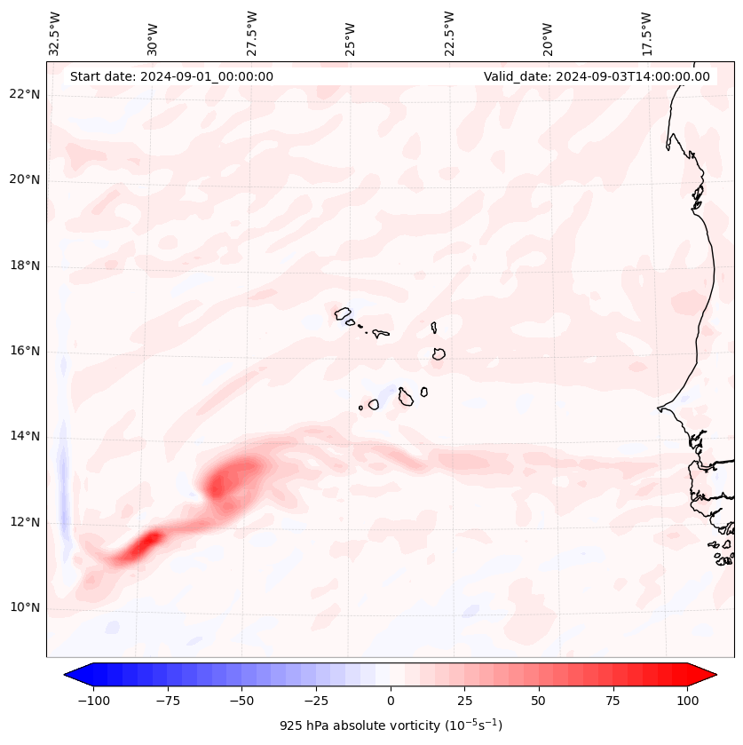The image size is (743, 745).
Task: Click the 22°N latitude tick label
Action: pos(25,94)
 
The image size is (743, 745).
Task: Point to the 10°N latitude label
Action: pos(25,608)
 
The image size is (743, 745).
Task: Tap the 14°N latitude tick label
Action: pos(25,437)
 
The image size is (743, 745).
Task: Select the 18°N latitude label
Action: pos(25,266)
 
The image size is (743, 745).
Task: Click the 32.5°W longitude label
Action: pos(55,33)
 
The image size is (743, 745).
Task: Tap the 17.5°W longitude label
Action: pos(646,33)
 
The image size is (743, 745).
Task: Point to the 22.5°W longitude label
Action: pos(449,33)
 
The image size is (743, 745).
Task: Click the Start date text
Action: pos(171,76)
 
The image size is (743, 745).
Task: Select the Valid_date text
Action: pos(597,76)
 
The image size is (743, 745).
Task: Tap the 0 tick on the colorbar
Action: pos(391,701)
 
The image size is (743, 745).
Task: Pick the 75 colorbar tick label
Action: pos(613,701)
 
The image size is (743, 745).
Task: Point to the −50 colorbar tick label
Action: pos(242,701)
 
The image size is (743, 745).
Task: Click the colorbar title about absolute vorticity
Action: pos(391,725)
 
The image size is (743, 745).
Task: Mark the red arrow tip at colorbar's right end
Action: pos(709,675)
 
